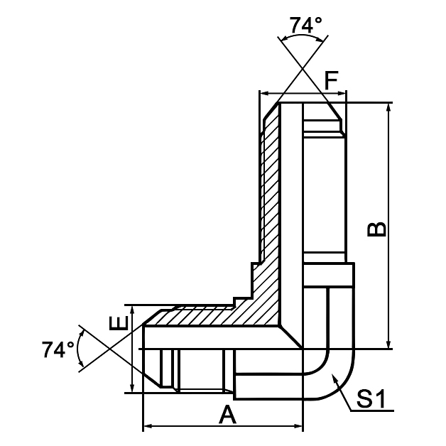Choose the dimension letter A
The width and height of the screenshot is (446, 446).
227,414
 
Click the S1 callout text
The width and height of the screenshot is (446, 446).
371,400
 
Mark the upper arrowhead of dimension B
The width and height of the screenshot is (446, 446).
388,108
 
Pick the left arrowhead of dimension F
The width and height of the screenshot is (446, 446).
265,93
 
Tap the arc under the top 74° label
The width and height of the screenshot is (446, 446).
305,39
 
